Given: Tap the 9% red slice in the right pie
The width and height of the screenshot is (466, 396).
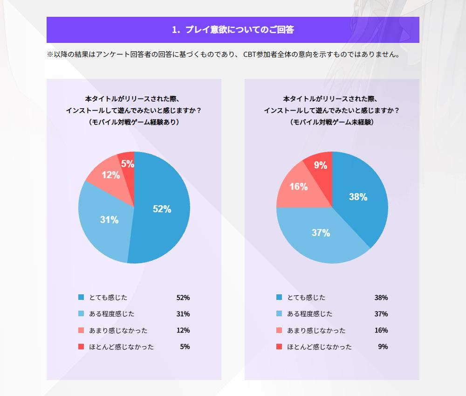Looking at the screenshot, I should tap(320, 165).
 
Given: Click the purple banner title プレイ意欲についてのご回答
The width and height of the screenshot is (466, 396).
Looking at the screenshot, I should tap(233, 30).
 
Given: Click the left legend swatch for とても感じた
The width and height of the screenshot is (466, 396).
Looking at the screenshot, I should tap(81, 297).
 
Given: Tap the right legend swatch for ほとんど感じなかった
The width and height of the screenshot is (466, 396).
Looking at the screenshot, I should tap(279, 347).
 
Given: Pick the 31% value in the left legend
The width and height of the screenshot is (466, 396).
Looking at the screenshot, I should tap(183, 314).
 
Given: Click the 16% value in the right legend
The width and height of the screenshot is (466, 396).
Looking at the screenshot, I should tap(381, 330).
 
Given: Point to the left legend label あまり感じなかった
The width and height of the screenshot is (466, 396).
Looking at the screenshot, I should tap(118, 330).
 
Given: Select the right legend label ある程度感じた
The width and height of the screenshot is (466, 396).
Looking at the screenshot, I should tap(310, 314).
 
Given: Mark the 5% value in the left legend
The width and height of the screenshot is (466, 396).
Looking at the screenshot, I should tap(185, 347).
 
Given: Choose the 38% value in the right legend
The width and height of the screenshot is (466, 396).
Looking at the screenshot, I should tap(381, 298).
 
